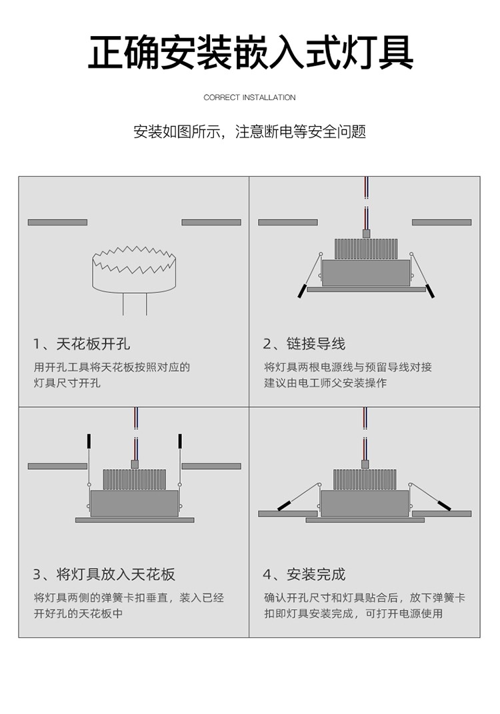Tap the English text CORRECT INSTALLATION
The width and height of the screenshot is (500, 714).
coord(249,97)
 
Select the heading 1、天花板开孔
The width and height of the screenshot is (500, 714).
coord(81,344)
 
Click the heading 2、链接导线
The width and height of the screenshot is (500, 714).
coord(304,344)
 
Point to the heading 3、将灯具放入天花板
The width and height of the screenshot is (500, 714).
coord(104,574)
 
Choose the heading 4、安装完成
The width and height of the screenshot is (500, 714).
coord(304,574)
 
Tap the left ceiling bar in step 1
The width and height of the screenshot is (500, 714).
coord(57,222)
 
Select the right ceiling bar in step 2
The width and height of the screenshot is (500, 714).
coord(441,222)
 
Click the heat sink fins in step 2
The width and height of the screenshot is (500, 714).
coord(365,249)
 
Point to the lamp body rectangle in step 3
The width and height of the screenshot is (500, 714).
coord(135,503)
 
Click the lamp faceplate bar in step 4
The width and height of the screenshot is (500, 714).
coord(365,520)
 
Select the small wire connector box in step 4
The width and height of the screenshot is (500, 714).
coord(365,464)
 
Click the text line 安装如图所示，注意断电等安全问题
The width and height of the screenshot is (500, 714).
coord(249,131)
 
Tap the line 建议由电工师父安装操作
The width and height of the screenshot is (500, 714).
coord(325,383)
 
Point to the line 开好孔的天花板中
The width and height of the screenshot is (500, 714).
coord(78,613)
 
